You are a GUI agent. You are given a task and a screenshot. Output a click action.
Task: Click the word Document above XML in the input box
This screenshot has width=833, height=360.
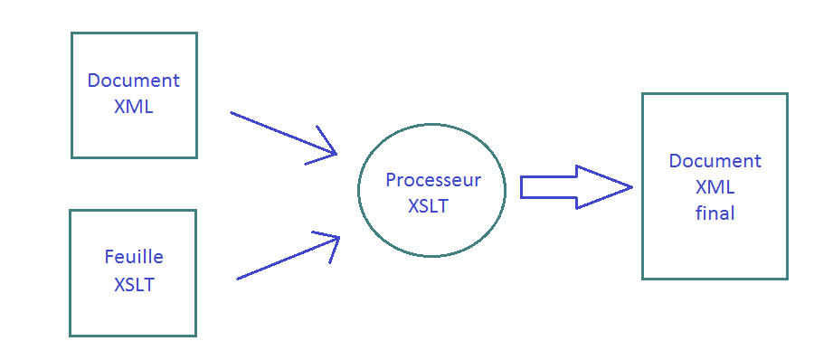133,81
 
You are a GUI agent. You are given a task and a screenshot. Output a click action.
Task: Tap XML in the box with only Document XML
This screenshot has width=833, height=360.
133,106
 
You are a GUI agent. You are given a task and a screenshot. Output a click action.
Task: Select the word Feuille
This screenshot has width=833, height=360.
134,258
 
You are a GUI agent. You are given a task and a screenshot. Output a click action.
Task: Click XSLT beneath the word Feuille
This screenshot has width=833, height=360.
134,285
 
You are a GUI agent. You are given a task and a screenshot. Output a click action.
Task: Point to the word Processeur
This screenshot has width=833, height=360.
433,180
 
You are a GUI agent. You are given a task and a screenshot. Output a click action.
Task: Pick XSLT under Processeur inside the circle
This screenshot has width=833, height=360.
428,206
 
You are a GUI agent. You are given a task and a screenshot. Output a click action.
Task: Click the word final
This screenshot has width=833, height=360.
715,214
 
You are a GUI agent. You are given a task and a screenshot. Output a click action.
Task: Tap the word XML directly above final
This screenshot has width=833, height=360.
715,188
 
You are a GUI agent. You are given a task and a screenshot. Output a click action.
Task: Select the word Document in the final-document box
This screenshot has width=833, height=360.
715,161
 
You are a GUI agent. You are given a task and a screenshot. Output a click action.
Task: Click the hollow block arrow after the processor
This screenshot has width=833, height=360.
570,187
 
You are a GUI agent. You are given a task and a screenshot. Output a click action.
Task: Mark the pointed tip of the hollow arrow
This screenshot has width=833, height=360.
629,187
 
